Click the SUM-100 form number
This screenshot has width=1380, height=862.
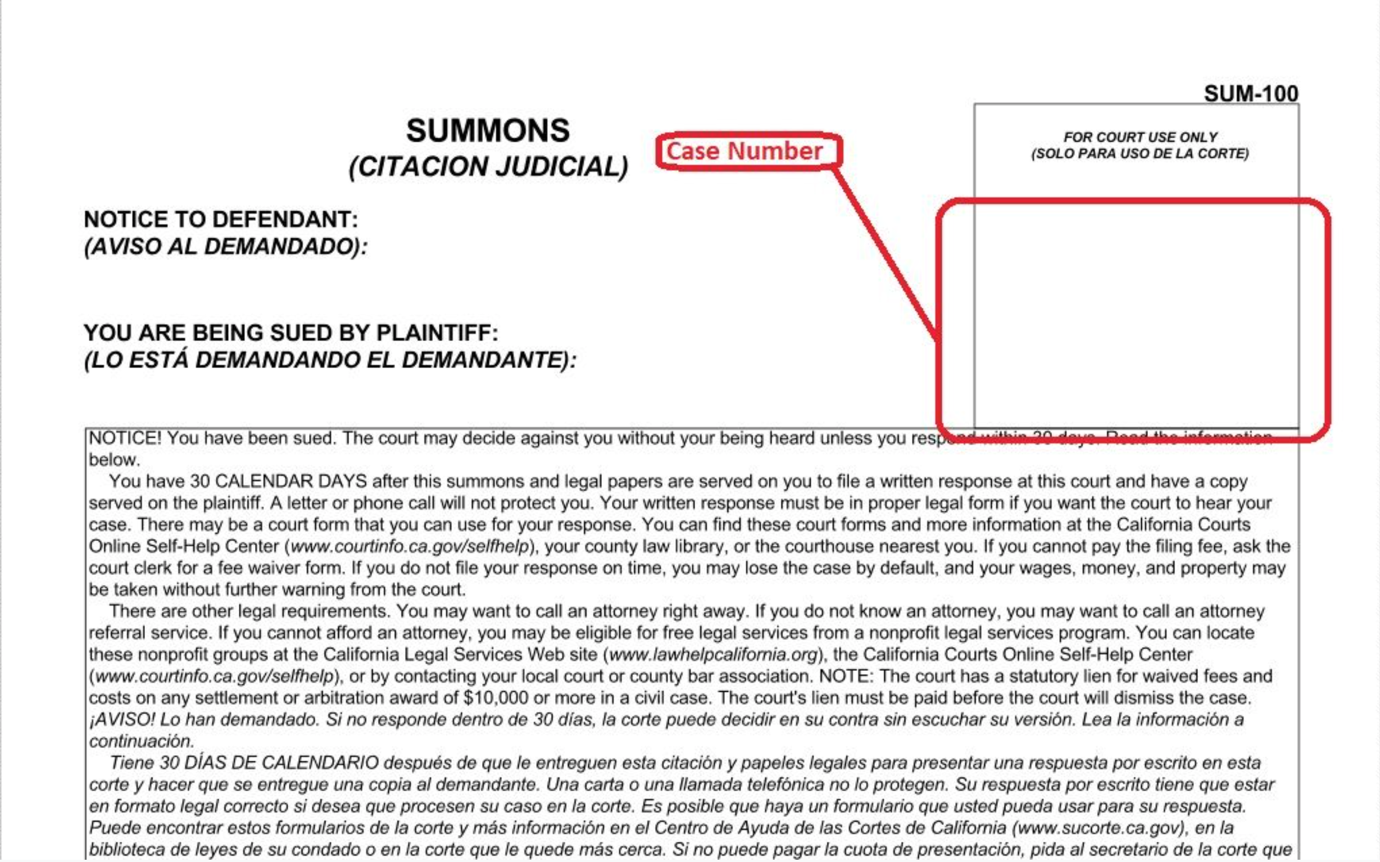pos(1251,93)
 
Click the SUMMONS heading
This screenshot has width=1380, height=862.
pos(487,130)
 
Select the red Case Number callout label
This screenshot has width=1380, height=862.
pos(745,151)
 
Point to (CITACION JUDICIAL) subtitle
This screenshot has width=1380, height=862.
pos(488,166)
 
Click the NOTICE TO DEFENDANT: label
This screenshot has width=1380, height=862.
pos(221,220)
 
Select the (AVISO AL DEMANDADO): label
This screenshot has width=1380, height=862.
pos(226,247)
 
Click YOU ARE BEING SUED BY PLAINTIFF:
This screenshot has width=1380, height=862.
pos(290,333)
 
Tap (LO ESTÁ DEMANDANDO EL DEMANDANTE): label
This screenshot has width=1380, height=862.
pos(330,360)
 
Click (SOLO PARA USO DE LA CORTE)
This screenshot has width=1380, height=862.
pos(1140,154)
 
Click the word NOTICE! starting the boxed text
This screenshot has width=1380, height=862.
pos(125,438)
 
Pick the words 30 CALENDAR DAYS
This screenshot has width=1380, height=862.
pos(278,482)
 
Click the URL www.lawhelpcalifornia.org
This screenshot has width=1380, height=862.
pos(713,655)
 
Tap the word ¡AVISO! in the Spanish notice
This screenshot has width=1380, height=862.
pos(122,719)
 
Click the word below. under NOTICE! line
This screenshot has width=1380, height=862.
pos(114,460)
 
